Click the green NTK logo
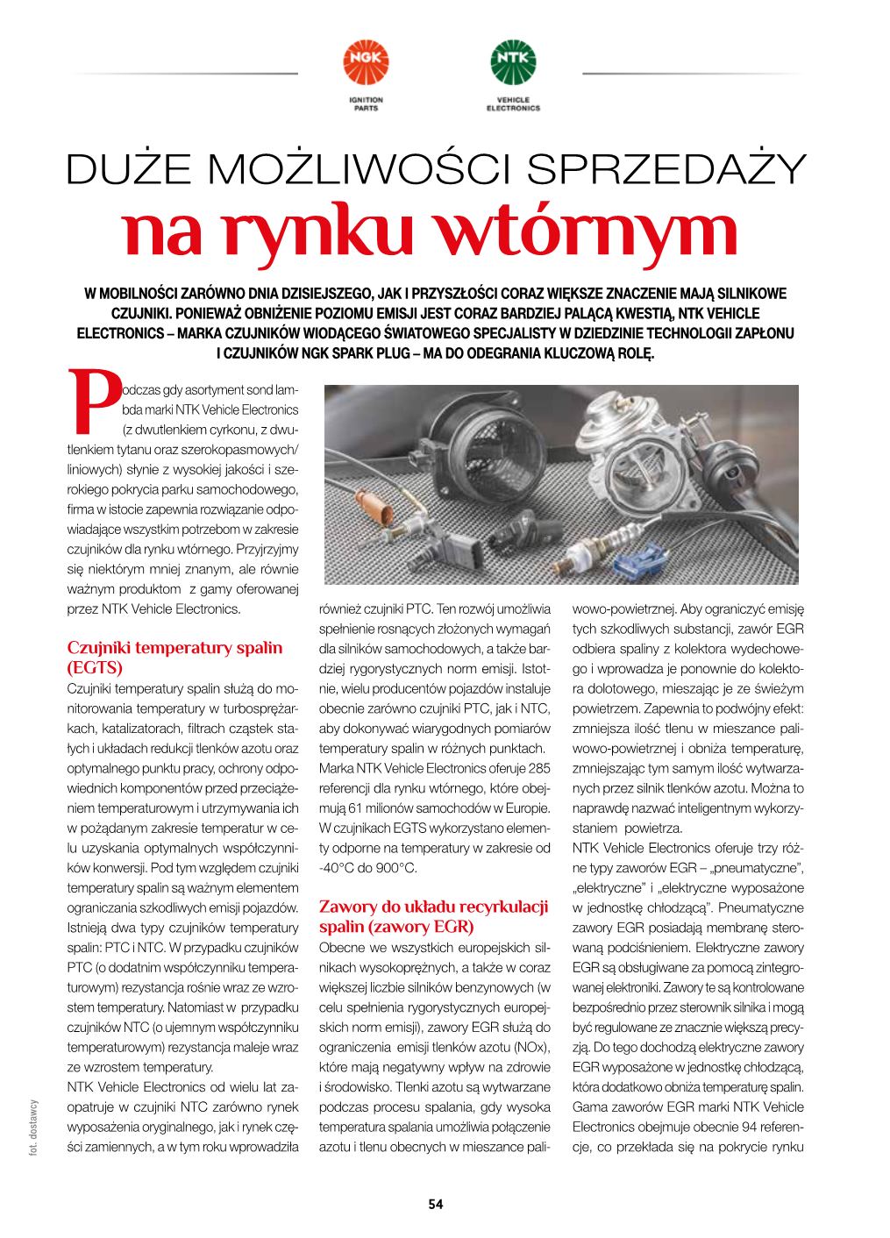[x=512, y=62]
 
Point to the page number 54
[x=436, y=1204]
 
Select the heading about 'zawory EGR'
[x=433, y=916]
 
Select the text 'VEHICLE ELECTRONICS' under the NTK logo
[x=513, y=104]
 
